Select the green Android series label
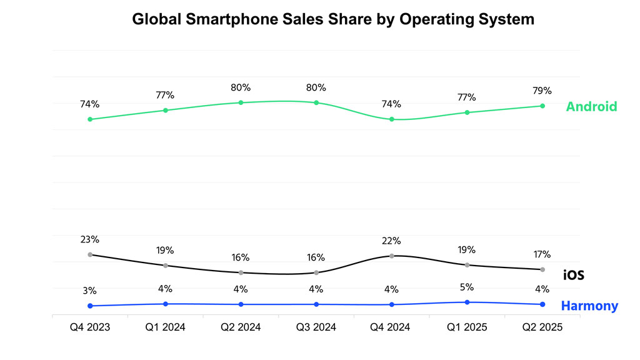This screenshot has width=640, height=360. tap(591, 107)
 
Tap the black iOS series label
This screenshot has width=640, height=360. tap(573, 275)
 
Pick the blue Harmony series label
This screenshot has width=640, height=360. tap(589, 306)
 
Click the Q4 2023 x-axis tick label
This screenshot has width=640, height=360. tap(90, 327)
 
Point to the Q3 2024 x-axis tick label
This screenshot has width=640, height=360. tap(316, 327)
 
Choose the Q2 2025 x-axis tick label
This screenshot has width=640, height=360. tap(542, 327)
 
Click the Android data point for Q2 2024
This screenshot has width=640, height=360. tap(241, 102)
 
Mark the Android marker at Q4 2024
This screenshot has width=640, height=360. tap(391, 119)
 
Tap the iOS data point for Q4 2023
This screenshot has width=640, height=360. tap(90, 254)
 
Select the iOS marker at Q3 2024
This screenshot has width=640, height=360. tap(316, 272)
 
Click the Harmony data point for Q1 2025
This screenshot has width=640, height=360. tap(467, 302)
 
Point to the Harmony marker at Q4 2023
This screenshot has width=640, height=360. tap(90, 306)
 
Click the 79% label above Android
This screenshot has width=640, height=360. tap(542, 91)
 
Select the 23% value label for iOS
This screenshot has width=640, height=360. tap(90, 239)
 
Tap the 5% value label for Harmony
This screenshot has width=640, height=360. tap(467, 287)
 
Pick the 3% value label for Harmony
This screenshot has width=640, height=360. tap(90, 291)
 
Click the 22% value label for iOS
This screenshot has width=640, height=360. tap(391, 241)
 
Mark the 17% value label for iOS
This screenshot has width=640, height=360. tap(542, 254)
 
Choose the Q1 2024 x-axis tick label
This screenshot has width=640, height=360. tap(165, 327)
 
